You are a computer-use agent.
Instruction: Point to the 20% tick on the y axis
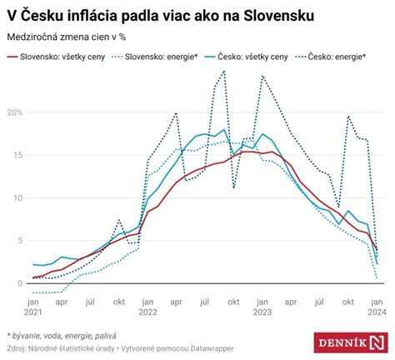click(x=15, y=112)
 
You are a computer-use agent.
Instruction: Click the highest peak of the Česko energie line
click(x=223, y=72)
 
